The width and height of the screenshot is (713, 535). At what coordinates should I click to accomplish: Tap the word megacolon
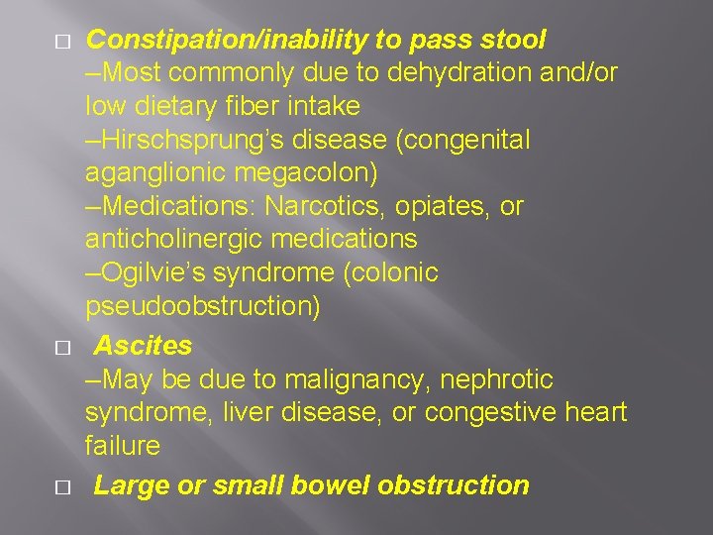301,173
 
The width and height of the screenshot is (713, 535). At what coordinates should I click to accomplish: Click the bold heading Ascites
144,346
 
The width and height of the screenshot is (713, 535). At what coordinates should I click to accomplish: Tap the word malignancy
347,379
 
